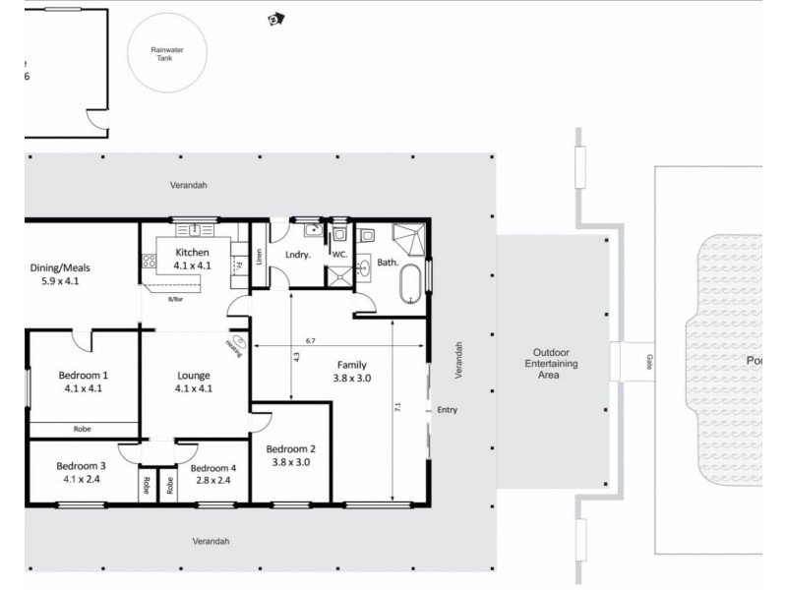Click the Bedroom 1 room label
[x=83, y=382]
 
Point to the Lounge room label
[x=193, y=382]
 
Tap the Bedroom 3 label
[x=81, y=472]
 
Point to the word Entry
[x=448, y=410]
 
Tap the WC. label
[x=339, y=253]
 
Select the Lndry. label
[x=298, y=255]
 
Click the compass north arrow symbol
[x=278, y=17]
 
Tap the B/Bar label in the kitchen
[x=177, y=299]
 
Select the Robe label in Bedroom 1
[x=83, y=429]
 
